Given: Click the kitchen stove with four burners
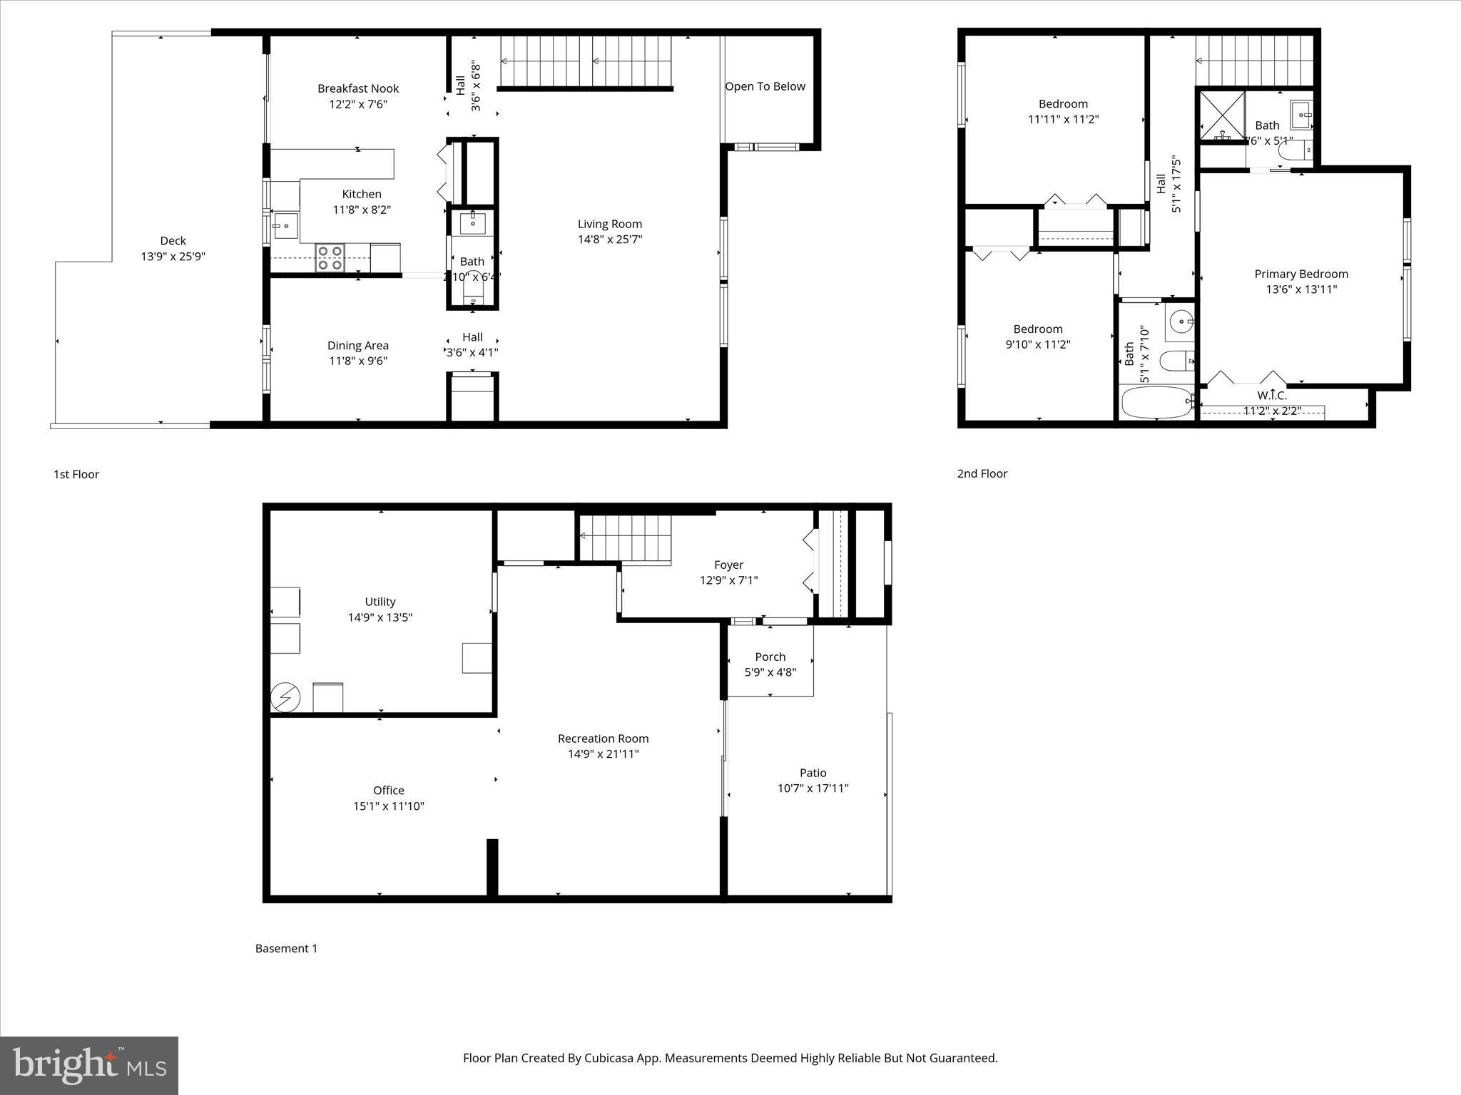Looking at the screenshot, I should pos(330,257).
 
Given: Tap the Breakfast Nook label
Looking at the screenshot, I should pos(357,88).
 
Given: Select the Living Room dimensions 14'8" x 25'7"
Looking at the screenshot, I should pos(609,240).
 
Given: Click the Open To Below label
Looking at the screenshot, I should pos(765,86).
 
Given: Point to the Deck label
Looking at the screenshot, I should pos(173,241).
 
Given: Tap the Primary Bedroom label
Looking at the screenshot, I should pos(1300,274).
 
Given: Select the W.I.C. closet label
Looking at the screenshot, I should pos(1271,395).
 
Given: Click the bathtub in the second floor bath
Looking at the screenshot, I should pos(1156,403).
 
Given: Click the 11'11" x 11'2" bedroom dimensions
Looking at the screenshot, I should pos(1062,120).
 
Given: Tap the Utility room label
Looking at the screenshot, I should pos(380,602).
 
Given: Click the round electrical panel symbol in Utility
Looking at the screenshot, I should pos(285,698).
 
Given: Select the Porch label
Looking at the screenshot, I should pos(770,657).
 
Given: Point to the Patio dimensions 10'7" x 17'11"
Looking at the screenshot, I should pos(813,788).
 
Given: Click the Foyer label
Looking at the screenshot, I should pos(728,565).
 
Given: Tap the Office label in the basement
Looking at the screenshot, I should pos(388,790).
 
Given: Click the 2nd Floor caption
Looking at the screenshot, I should pos(982,473).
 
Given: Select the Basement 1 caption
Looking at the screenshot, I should pos(286,948).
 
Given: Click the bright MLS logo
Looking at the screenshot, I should pos(89,1066).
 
